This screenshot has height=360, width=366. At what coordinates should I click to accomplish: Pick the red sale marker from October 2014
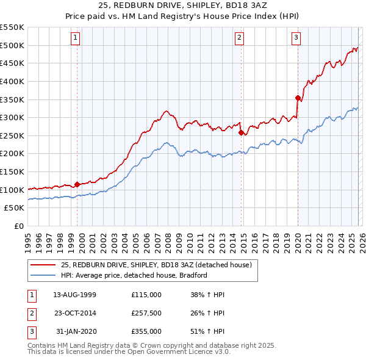[x=242, y=132]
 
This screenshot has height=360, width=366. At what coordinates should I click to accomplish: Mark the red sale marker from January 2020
[x=298, y=98]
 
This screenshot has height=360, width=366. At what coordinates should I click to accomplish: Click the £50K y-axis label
[x=15, y=208]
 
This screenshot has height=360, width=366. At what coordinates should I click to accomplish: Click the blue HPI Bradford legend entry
[x=134, y=275]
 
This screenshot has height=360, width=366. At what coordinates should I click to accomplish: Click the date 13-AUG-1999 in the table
[x=74, y=294]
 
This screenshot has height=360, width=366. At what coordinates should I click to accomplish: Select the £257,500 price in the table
[x=146, y=314]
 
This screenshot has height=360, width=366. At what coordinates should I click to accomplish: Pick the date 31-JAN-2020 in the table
[x=74, y=332]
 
